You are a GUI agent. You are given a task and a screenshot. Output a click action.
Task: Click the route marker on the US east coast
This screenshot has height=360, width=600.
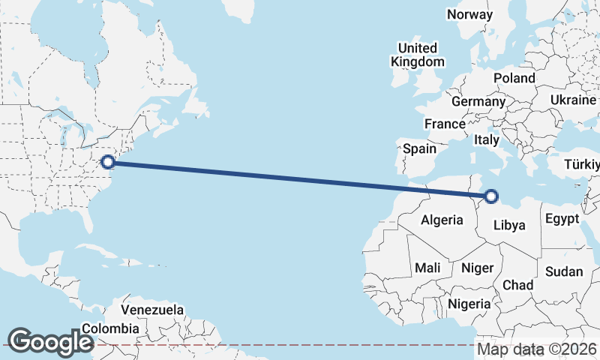coord(108,161)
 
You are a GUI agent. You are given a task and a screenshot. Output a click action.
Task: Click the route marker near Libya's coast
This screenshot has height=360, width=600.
coord(491,196)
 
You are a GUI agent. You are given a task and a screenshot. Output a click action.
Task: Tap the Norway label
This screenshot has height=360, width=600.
coord(469,14)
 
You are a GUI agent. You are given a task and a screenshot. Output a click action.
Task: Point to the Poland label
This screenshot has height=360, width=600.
coord(514,78)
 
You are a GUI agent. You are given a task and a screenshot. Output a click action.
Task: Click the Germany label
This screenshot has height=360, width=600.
coord(478,101)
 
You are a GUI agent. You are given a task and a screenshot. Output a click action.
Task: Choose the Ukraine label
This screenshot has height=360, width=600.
coord(573,100)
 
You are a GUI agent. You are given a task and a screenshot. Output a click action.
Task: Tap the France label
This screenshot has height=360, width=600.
coord(445,124)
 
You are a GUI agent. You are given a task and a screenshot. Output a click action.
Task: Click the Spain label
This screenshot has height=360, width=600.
coord(419,148)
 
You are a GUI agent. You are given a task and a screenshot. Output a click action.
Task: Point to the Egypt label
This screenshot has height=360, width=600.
coord(562,219)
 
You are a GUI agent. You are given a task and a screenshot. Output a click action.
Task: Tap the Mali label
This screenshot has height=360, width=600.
coord(427,268)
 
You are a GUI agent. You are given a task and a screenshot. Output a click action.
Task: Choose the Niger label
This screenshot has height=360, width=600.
coord(477,268)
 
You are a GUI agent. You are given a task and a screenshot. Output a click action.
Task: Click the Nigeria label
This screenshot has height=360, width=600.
coord(469,304)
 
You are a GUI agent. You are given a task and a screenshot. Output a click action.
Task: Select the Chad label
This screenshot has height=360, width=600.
coord(517,285)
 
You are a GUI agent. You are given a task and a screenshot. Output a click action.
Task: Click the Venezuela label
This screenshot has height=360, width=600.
coord(152,309)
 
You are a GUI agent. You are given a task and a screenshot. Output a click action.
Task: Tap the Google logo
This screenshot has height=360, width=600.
coord(49,341)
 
